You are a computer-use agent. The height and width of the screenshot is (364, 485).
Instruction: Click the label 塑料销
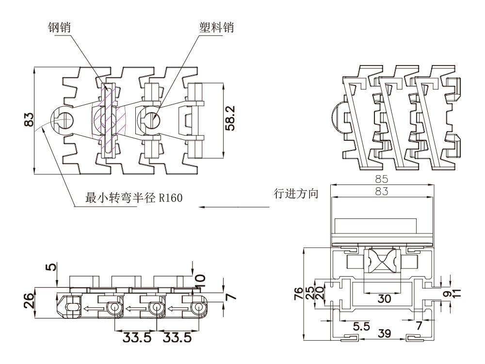[216, 27]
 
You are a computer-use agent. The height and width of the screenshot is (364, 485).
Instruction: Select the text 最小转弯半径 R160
[134, 198]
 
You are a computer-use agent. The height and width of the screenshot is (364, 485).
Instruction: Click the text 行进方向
[296, 195]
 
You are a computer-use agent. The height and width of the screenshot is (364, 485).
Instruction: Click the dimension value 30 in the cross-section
[385, 299]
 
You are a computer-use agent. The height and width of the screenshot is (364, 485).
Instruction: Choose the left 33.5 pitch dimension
[135, 337]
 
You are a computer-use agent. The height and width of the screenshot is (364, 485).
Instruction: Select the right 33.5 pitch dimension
[177, 337]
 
